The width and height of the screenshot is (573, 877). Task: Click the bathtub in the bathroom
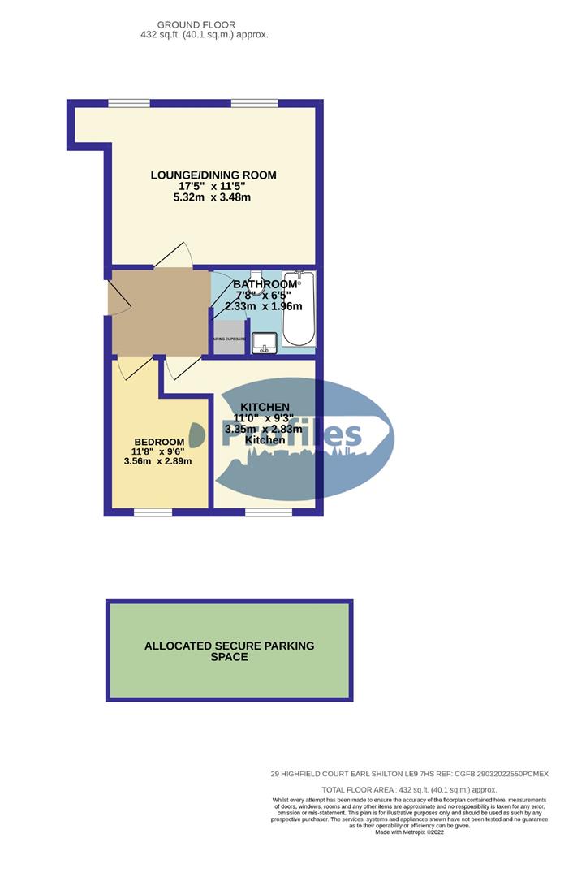(298, 309)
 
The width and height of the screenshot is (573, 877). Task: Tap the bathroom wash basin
(264, 343)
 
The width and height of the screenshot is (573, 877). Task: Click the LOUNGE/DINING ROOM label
(213, 175)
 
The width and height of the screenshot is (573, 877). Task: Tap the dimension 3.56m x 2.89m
(157, 461)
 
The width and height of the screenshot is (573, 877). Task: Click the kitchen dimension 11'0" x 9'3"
(265, 418)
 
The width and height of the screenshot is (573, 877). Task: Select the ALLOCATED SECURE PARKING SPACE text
(229, 651)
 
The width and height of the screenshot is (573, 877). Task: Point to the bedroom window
(152, 512)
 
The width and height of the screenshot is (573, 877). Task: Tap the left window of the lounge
(129, 102)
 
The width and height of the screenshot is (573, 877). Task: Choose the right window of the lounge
(248, 102)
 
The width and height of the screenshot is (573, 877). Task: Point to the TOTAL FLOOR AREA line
(408, 789)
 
